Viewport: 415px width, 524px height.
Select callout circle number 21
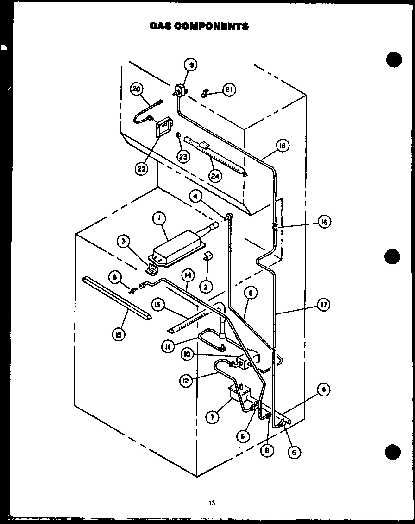coord(229,90)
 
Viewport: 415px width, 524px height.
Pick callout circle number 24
coord(215,176)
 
